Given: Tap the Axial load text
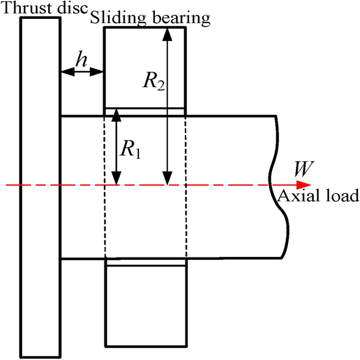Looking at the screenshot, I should (317, 196).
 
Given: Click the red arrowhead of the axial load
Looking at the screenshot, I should (304, 184).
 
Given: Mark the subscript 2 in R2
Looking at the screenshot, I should (160, 87).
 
